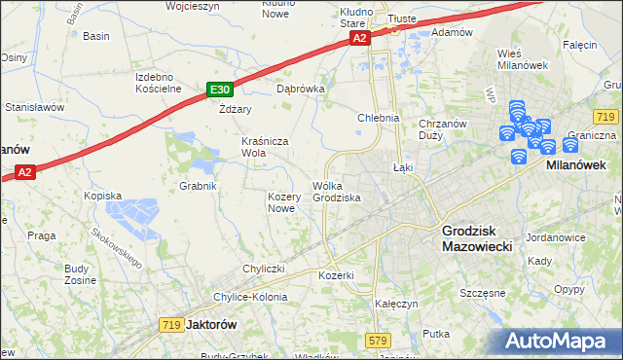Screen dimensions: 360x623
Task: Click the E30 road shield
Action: pyautogui.click(x=219, y=90)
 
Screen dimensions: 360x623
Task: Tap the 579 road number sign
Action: pyautogui.click(x=379, y=340)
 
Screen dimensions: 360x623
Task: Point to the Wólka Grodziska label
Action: pyautogui.click(x=337, y=192)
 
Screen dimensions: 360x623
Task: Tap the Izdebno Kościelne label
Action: pyautogui.click(x=159, y=83)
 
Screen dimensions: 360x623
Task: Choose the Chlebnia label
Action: pyautogui.click(x=379, y=118)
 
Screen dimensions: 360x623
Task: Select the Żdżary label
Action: pyautogui.click(x=235, y=109)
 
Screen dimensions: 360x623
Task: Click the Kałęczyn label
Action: pyautogui.click(x=396, y=304)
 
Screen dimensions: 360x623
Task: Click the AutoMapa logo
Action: pyautogui.click(x=563, y=342)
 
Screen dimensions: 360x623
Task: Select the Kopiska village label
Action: pyautogui.click(x=102, y=196)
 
